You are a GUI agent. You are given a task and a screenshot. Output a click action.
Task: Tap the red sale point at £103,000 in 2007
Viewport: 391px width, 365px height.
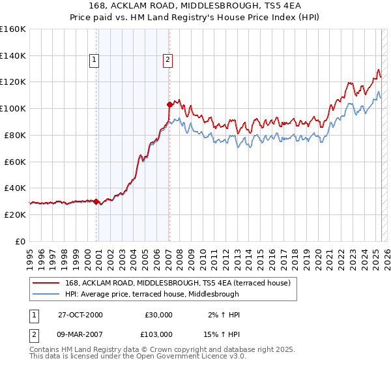pyautogui.click(x=169, y=104)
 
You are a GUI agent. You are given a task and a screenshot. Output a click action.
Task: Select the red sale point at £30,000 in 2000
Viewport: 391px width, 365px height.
pyautogui.click(x=96, y=201)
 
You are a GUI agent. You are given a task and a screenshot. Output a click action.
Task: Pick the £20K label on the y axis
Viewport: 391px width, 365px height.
pyautogui.click(x=16, y=214)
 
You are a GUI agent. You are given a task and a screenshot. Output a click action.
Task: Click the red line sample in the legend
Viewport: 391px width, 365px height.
pyautogui.click(x=46, y=282)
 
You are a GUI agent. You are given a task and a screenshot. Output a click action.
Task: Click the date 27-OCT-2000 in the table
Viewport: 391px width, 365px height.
pyautogui.click(x=80, y=315)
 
